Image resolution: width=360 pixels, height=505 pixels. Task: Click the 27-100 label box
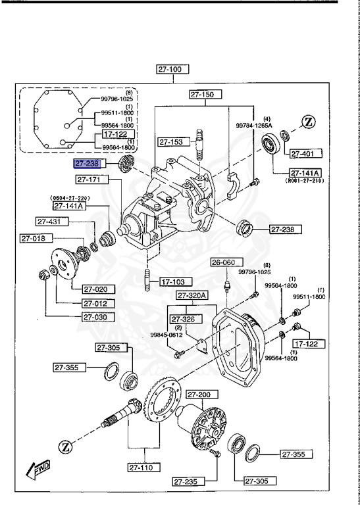coord(173,68)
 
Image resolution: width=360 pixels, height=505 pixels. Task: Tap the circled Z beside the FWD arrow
coord(66,447)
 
